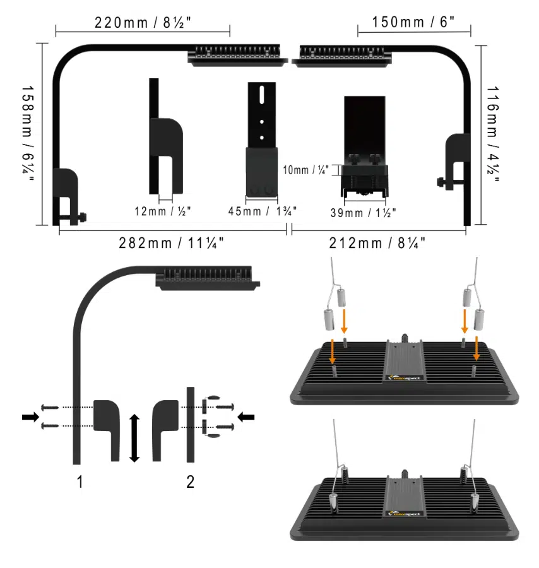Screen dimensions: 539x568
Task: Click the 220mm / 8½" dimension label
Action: pyautogui.click(x=143, y=23)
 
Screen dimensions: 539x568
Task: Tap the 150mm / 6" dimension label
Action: pyautogui.click(x=413, y=21)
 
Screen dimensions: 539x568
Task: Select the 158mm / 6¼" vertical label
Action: pyautogui.click(x=27, y=134)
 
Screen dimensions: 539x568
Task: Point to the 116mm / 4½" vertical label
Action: pyautogui.click(x=492, y=134)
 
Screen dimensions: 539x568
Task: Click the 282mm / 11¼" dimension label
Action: pyautogui.click(x=171, y=243)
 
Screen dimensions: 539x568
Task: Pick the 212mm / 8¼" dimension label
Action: pyautogui.click(x=377, y=243)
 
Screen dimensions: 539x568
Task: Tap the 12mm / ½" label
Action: pyautogui.click(x=163, y=211)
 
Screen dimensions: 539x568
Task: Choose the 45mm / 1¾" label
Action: pyautogui.click(x=263, y=211)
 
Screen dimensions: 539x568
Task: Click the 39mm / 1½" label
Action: pyautogui.click(x=363, y=213)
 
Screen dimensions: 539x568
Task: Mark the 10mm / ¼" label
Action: pyautogui.click(x=305, y=170)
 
